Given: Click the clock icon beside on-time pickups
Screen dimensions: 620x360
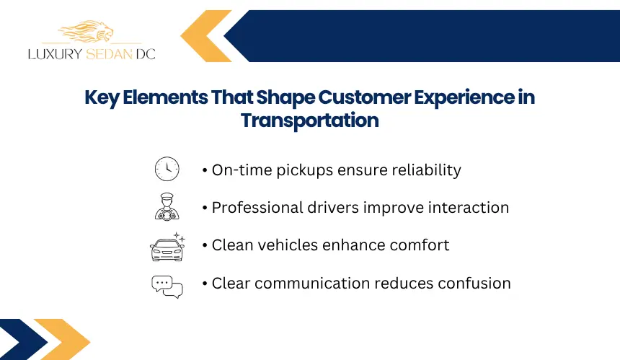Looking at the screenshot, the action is pyautogui.click(x=167, y=169).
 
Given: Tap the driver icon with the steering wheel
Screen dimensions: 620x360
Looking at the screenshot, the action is pyautogui.click(x=167, y=206).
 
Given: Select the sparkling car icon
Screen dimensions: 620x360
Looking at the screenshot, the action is pyautogui.click(x=167, y=247).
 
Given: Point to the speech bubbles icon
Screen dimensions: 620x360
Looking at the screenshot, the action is pyautogui.click(x=167, y=286).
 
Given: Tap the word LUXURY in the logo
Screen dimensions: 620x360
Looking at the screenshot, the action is pyautogui.click(x=55, y=54).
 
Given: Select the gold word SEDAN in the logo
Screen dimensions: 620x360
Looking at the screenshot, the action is pyautogui.click(x=109, y=54).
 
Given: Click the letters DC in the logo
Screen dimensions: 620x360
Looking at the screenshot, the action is pyautogui.click(x=146, y=54).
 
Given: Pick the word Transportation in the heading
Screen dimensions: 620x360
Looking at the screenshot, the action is pyautogui.click(x=309, y=120).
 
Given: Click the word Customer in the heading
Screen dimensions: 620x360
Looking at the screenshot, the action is pyautogui.click(x=364, y=97).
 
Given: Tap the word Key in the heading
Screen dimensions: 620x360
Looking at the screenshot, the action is pyautogui.click(x=102, y=98).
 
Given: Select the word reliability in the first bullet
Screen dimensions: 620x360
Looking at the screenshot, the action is pyautogui.click(x=426, y=170).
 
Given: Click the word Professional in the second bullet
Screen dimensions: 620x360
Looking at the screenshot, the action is pyautogui.click(x=257, y=208).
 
